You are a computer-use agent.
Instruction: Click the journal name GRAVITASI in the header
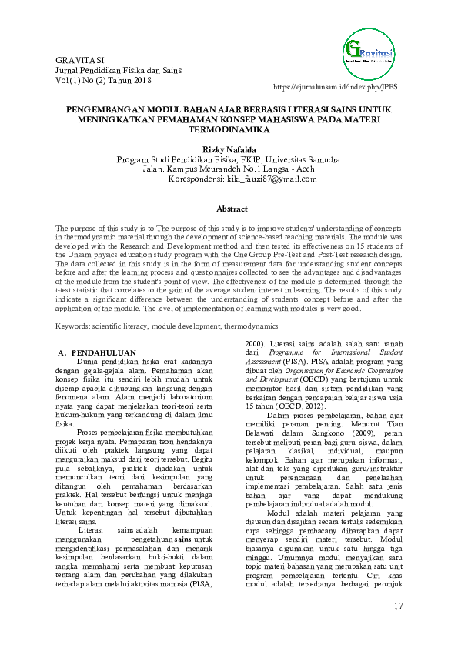[82, 59]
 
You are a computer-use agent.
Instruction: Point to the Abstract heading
[232, 209]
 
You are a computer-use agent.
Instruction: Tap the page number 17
[398, 606]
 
